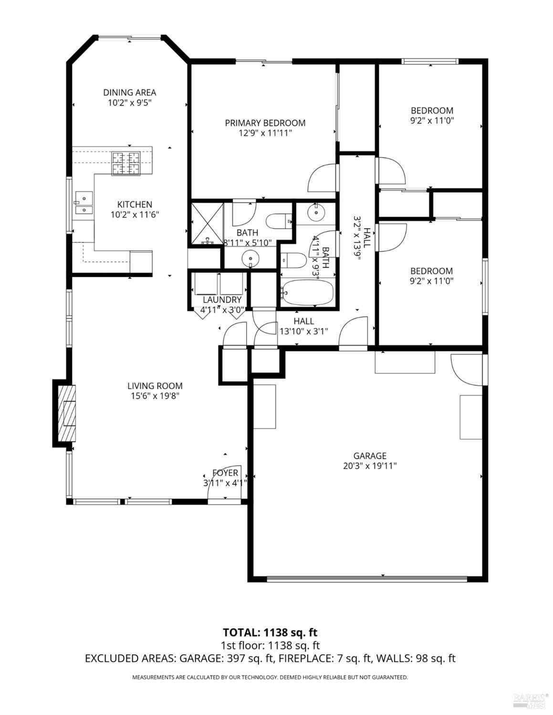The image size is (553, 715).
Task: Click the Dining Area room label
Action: point(129,93)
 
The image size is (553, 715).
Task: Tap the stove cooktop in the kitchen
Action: point(126,163)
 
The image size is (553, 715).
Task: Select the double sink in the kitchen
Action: point(83,203)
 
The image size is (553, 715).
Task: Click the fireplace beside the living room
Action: point(66,413)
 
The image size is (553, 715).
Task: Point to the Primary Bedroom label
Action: point(265,123)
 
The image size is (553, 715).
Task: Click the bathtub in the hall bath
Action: point(307,292)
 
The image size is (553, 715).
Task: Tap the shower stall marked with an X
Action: point(207,223)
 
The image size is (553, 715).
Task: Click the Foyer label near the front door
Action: point(225,473)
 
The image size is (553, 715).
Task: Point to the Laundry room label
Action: point(222,300)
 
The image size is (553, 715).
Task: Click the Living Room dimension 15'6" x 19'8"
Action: point(155,396)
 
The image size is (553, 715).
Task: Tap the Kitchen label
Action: point(135,205)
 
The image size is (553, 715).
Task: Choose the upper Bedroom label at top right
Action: point(432,111)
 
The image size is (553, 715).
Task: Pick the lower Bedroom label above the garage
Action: point(431,271)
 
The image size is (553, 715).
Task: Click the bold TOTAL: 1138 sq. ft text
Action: point(270,632)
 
